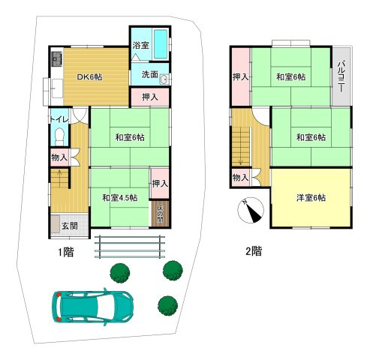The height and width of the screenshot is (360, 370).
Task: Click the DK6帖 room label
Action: pos(89,77)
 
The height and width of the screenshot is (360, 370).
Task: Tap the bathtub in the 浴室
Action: pos(161,44)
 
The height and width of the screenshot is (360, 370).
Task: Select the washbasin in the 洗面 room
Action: pos(164,79)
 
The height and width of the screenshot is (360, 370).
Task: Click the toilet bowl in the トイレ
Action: pos(59,136)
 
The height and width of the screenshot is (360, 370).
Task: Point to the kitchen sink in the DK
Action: pos(56,59)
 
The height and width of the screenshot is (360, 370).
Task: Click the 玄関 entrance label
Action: pos(70,226)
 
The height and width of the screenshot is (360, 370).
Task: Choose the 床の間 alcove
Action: pos(160,214)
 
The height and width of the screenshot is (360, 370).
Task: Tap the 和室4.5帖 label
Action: pos(120,198)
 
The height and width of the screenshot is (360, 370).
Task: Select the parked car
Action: pos(92,307)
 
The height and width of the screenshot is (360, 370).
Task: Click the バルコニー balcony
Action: pos(341,76)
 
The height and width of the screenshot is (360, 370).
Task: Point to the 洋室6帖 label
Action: pos(311,198)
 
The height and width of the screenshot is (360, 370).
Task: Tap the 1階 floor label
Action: pos(66,252)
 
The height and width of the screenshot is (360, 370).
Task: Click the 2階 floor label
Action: pos(254,251)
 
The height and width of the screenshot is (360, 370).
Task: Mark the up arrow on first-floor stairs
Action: pos(59,175)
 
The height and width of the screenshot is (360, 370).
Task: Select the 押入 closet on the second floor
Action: pos(241,76)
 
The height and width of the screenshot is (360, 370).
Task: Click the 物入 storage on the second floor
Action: pos(240,178)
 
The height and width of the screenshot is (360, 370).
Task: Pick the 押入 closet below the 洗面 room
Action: pos(150,97)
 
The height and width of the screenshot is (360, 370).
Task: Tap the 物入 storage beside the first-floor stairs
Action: pos(59,157)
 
